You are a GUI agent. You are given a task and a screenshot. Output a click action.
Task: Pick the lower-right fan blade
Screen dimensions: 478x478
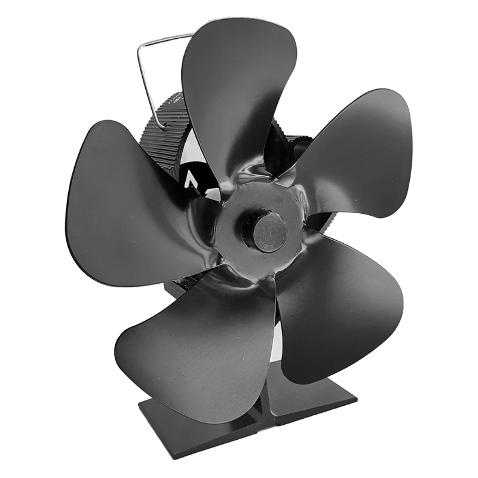pos(341,305)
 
